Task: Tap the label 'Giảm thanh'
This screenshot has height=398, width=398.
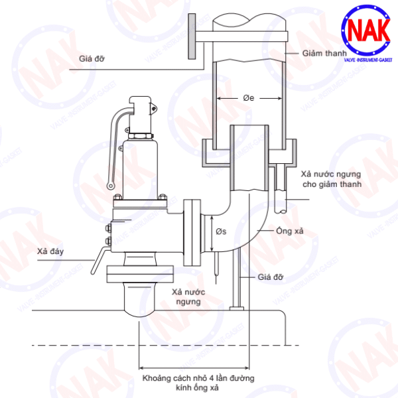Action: [x=324, y=53]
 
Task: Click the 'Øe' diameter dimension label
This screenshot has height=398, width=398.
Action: [x=249, y=98]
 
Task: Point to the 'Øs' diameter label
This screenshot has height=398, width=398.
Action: [x=221, y=232]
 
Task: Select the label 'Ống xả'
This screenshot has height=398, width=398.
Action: [x=290, y=231]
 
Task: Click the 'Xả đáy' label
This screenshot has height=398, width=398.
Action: [x=50, y=251]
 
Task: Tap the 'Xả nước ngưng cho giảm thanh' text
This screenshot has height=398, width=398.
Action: [x=332, y=179]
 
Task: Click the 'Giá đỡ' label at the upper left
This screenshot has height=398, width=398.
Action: [x=92, y=58]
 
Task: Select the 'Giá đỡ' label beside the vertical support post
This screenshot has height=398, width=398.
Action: [x=271, y=277]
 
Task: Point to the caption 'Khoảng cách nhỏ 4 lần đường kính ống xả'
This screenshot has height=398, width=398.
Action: [x=198, y=383]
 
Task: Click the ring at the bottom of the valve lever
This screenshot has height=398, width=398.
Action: [x=111, y=186]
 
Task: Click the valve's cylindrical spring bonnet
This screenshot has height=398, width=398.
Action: [x=140, y=168]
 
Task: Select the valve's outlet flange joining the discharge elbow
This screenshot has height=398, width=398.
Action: [x=192, y=232]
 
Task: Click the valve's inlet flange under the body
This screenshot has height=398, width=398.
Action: [x=140, y=274]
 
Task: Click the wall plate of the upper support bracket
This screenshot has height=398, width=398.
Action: [x=192, y=36]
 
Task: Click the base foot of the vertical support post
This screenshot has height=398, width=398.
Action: [x=237, y=308]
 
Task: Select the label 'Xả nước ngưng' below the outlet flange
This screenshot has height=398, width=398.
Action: [x=188, y=297]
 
